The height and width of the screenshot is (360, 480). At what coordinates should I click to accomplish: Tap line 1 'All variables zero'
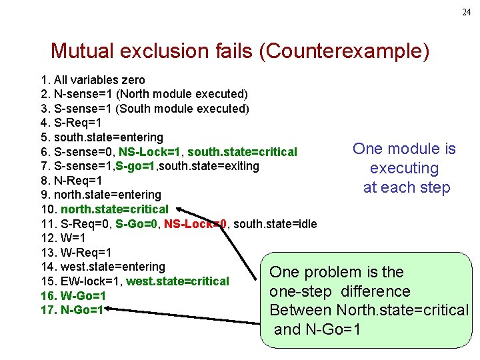coord(93,79)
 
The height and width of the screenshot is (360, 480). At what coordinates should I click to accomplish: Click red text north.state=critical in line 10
coord(114,209)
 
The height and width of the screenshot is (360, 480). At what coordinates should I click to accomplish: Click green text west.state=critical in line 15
coord(177,281)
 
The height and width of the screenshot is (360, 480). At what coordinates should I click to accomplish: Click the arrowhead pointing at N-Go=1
coord(111,309)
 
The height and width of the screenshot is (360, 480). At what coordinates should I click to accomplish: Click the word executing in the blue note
coord(404,168)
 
